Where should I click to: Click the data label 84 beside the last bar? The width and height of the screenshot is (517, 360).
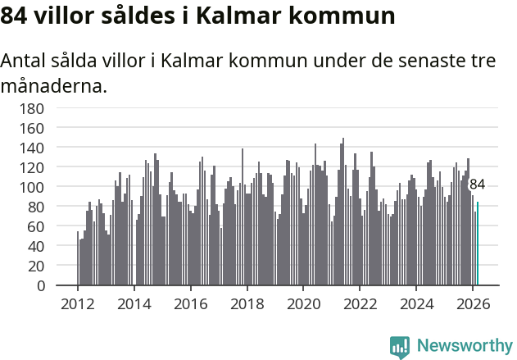[477, 185]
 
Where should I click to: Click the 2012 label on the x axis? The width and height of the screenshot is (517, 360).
[78, 303]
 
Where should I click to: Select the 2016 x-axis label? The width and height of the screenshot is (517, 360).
[190, 303]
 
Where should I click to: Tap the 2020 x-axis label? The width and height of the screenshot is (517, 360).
[303, 303]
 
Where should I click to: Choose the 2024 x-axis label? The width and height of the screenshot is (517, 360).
[415, 303]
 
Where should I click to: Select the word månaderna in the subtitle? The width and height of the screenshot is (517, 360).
[54, 84]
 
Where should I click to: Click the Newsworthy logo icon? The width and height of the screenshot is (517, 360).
[400, 347]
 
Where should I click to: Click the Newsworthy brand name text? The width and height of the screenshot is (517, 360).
[464, 347]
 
